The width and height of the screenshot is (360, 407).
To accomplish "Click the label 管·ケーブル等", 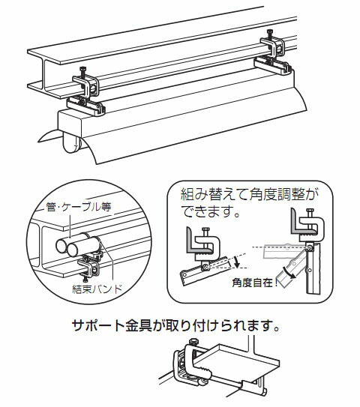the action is (x=79, y=207).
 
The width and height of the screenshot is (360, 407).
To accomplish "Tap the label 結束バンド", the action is (x=97, y=289).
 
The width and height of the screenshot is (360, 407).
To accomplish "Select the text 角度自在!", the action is (x=255, y=283).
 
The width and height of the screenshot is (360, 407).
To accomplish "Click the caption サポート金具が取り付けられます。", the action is (x=176, y=325).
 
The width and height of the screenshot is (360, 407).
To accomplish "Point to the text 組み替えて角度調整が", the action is (x=249, y=195).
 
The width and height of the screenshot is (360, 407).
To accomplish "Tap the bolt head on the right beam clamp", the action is (x=270, y=31).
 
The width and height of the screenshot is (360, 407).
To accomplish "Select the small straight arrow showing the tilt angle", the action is (x=237, y=262).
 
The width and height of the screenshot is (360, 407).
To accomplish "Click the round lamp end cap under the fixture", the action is (x=71, y=143).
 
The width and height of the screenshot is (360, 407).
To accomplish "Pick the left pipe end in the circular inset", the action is (x=62, y=247).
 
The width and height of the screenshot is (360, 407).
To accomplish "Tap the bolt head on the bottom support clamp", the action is (x=193, y=342).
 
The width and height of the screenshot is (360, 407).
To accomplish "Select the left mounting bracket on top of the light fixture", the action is (x=86, y=106).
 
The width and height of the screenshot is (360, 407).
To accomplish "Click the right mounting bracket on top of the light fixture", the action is (x=273, y=66).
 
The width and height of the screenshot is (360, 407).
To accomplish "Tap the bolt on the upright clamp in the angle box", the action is (x=310, y=213).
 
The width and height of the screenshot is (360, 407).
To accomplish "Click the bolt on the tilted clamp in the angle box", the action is (x=206, y=232).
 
